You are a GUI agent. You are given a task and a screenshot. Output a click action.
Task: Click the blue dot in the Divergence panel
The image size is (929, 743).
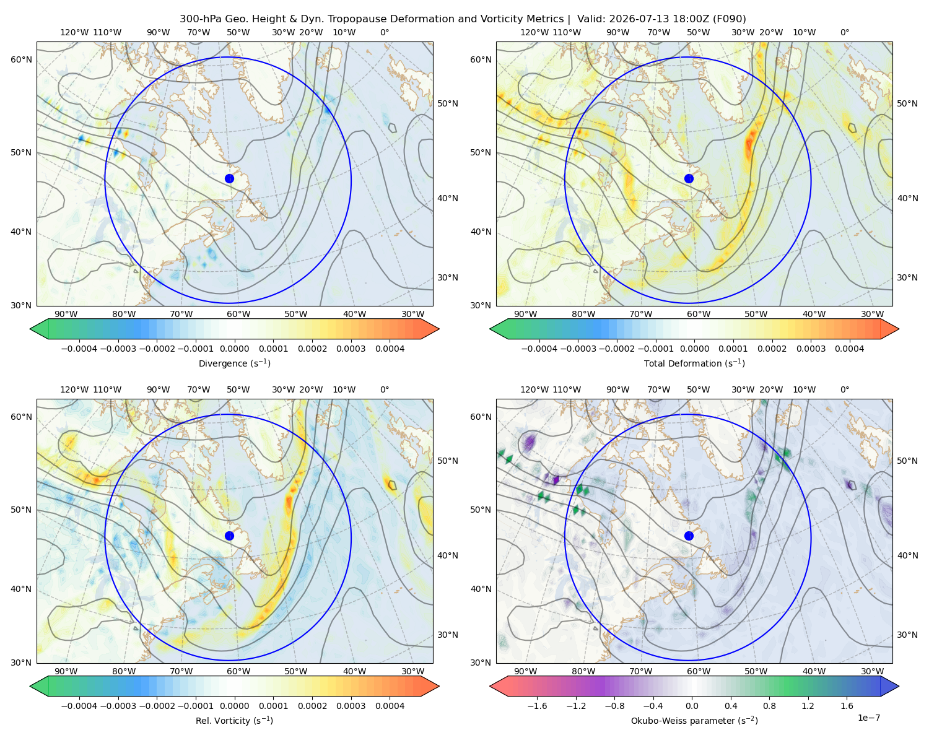pos(229,178)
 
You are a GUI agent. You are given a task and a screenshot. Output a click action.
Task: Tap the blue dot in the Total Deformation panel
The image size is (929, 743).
pos(689,178)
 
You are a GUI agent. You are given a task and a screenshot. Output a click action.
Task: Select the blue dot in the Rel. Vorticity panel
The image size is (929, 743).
pos(229,536)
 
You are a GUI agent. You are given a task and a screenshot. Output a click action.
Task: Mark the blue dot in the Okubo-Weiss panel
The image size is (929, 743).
pos(689,536)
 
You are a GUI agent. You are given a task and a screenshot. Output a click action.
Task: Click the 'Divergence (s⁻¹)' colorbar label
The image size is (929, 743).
pos(234,363)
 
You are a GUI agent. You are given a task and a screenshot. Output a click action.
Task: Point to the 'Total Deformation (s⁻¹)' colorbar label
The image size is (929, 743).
pos(694,363)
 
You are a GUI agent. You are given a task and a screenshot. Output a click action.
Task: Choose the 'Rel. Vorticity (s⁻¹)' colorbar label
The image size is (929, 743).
pos(234,720)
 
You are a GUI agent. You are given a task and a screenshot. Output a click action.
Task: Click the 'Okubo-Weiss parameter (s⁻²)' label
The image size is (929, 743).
pos(694,720)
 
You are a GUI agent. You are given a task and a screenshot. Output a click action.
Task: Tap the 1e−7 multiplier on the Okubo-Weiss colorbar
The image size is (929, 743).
pos(868,718)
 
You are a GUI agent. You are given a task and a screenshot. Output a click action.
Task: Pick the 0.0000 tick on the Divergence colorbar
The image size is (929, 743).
pos(234,349)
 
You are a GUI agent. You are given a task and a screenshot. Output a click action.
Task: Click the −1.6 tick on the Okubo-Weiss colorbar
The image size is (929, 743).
pos(537,705)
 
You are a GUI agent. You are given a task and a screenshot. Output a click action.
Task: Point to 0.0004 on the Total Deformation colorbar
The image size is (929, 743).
pos(849,349)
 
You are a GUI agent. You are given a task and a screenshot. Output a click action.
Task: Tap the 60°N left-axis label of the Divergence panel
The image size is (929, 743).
pos(21,59)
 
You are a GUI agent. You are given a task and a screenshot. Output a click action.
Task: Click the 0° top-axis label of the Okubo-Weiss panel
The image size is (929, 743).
pos(844,389)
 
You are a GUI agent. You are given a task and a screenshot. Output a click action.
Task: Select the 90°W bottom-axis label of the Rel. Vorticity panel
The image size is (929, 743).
pos(66,671)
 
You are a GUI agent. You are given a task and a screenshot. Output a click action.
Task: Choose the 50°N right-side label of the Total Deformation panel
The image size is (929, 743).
pos(907,103)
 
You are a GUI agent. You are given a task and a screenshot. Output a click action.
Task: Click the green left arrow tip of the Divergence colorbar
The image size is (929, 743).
pos(31,329)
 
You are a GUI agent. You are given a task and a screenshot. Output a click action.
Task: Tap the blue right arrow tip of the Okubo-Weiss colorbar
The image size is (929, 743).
pos(898,686)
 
